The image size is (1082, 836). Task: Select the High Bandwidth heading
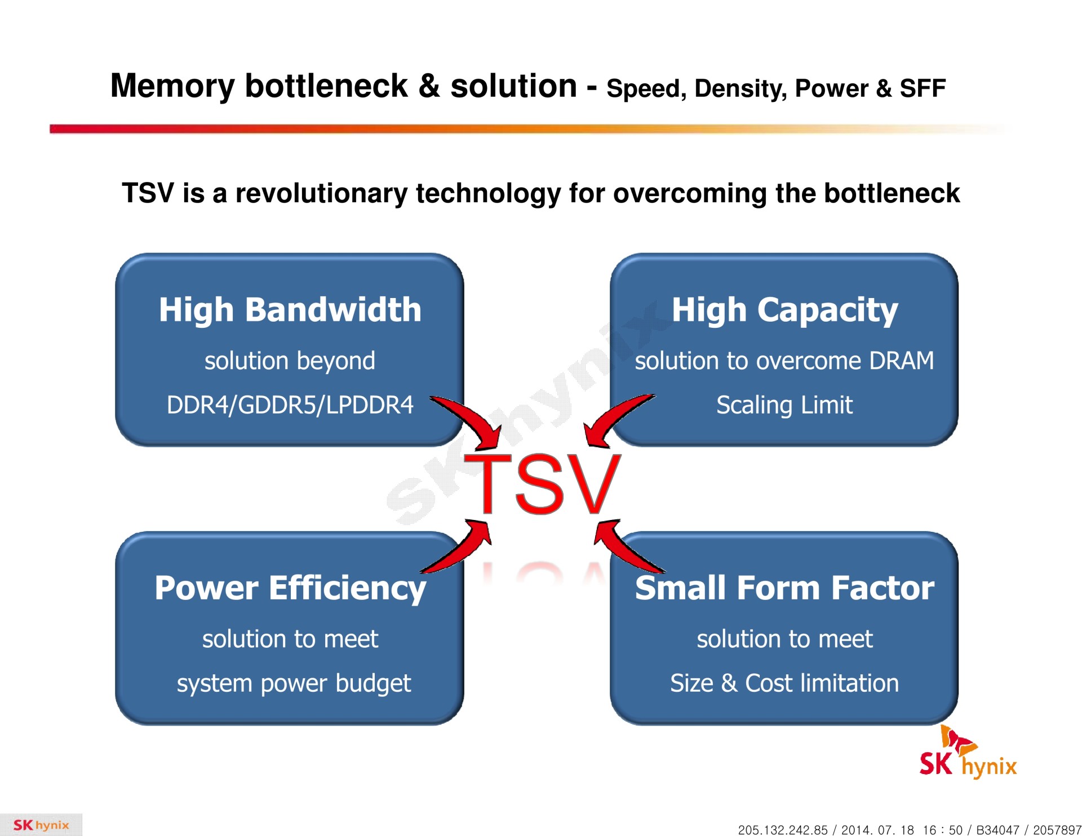click(290, 310)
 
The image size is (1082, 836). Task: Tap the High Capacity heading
click(784, 310)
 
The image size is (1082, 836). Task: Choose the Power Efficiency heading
click(290, 588)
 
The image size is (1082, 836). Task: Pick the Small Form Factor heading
click(784, 588)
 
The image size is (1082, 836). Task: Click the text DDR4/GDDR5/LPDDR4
click(290, 405)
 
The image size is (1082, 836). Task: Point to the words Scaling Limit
click(784, 405)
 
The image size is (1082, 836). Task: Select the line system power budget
click(294, 683)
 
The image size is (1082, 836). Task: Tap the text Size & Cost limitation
click(784, 683)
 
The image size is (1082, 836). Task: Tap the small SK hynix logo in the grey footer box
click(41, 825)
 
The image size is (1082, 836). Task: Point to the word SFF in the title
click(923, 88)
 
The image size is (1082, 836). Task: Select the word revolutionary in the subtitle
click(321, 193)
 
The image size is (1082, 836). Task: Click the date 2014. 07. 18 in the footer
click(877, 830)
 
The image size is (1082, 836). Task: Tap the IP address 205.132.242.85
click(783, 830)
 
